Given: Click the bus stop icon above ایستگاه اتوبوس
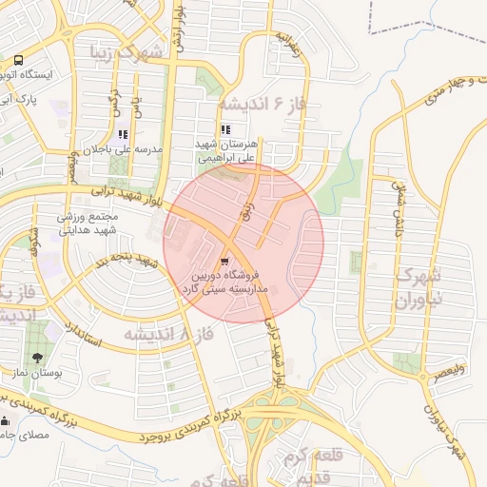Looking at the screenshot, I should tap(19, 60).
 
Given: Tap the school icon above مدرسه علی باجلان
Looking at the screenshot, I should tap(123, 135).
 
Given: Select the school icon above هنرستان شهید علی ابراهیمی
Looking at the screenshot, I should tap(225, 130).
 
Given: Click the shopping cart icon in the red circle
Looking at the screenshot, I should tap(224, 260).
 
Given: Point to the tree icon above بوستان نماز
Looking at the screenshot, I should tap(37, 359).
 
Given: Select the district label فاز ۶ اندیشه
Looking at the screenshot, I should tap(262, 102).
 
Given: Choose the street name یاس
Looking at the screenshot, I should tap(136, 101).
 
